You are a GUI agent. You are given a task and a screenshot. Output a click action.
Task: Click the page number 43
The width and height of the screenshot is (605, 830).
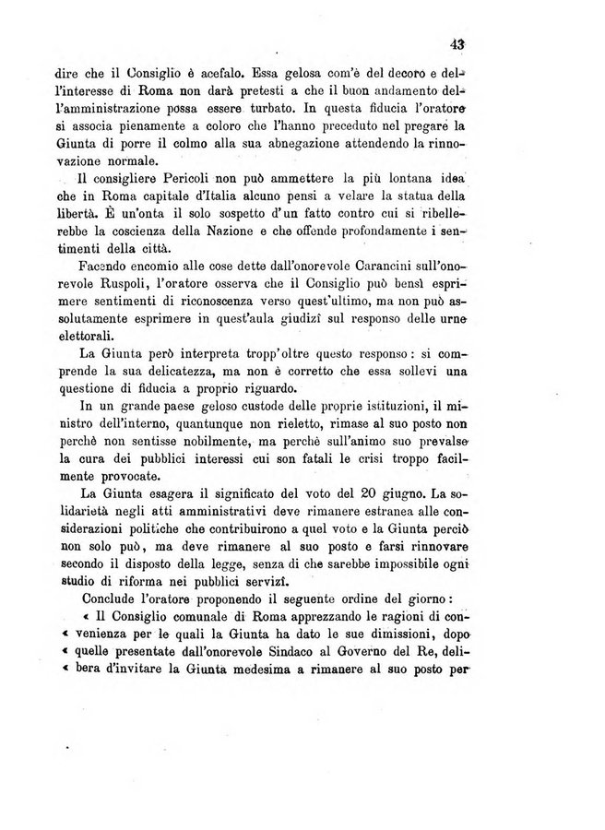point(456,41)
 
